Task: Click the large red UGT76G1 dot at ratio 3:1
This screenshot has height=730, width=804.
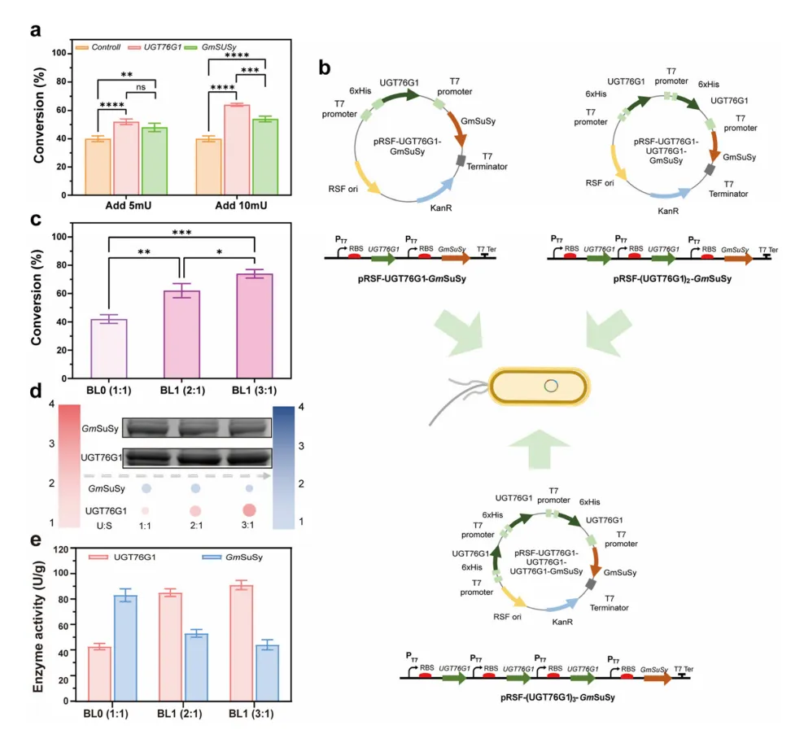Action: click(x=249, y=510)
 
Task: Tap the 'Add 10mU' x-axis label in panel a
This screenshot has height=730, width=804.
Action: click(x=243, y=206)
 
